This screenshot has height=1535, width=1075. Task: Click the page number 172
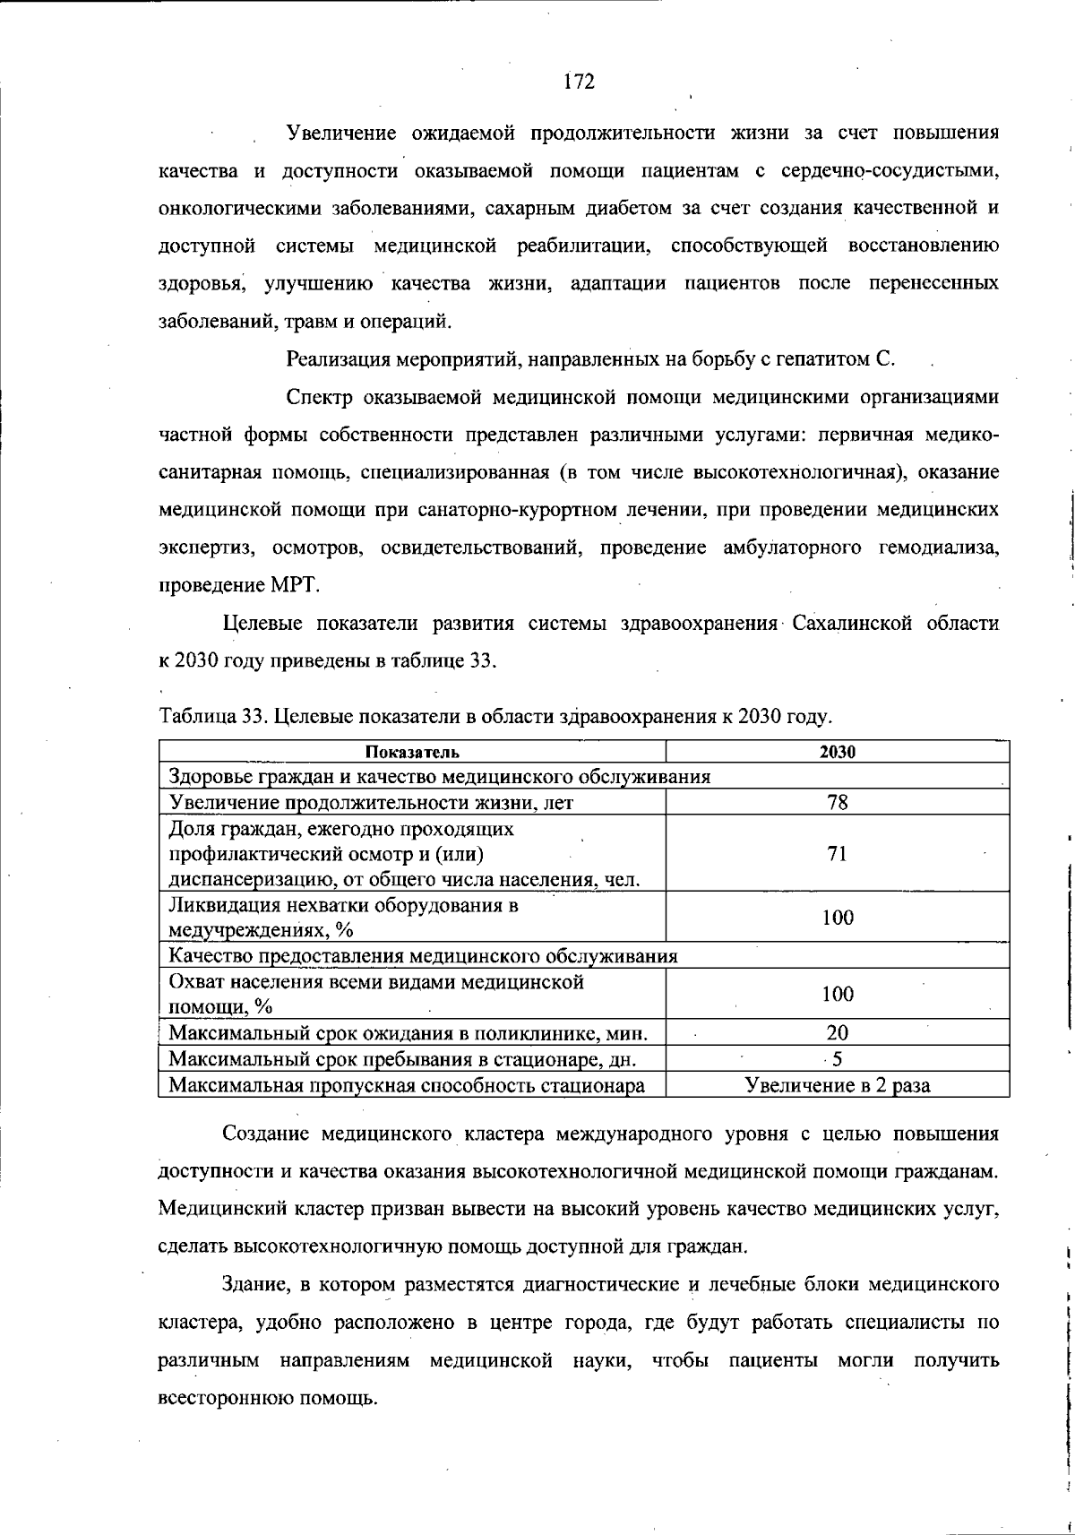click(x=580, y=82)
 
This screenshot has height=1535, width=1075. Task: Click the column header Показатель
click(x=412, y=753)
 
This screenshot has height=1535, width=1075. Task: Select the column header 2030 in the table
click(x=838, y=753)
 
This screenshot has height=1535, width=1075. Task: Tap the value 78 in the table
click(x=838, y=802)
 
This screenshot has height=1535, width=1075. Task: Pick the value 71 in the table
click(x=838, y=854)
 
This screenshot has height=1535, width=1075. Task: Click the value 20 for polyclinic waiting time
click(x=838, y=1032)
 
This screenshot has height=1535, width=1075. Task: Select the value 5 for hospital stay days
click(x=838, y=1059)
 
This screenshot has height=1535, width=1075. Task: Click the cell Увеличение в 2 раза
click(x=838, y=1086)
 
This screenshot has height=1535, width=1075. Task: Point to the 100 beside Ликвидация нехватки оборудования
click(x=838, y=918)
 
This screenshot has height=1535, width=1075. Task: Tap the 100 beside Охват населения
click(x=838, y=994)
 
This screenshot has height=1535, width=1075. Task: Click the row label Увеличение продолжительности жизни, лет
click(x=371, y=803)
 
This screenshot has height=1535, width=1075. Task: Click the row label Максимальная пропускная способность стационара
click(x=407, y=1087)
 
